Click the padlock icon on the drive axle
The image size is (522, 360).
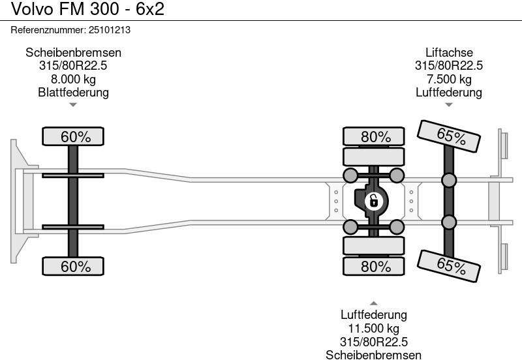(373, 201)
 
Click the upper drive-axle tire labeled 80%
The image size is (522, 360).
(376, 137)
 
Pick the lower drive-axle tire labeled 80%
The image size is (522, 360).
(376, 266)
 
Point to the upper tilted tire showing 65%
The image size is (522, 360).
(450, 136)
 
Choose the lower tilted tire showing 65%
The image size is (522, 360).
(450, 265)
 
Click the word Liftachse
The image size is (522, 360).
(449, 53)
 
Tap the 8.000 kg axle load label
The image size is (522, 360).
(73, 80)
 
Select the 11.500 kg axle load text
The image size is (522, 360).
(373, 329)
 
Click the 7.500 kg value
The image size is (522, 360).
(449, 80)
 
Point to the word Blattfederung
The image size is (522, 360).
(73, 93)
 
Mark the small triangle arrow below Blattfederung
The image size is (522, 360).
(73, 104)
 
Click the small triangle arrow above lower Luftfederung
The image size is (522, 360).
(373, 303)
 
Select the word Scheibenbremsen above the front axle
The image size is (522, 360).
(73, 53)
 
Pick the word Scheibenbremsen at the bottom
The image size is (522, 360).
(373, 355)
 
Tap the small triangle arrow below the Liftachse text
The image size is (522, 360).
(449, 104)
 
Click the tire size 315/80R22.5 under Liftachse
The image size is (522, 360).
(449, 66)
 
